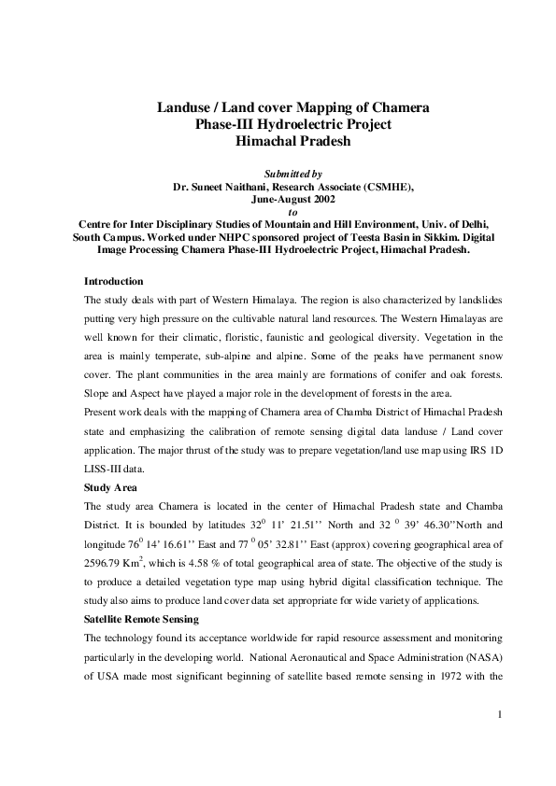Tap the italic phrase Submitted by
point(293,174)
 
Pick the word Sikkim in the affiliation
point(387,237)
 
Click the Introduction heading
point(113,281)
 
